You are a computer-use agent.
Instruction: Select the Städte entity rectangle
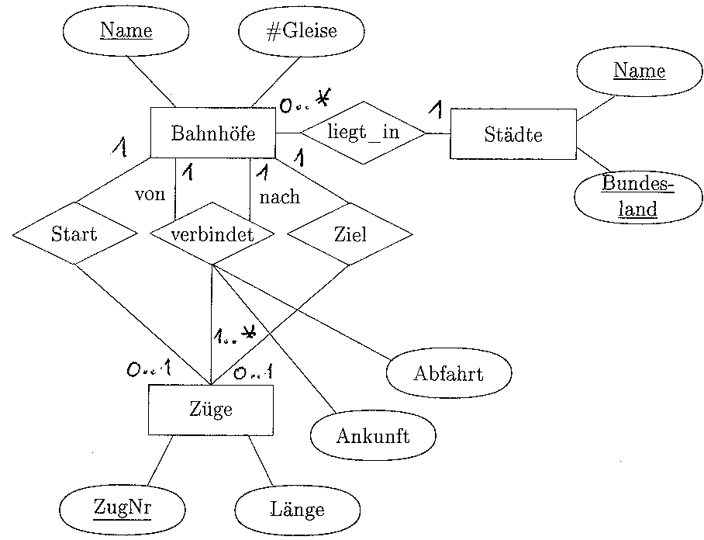pos(512,134)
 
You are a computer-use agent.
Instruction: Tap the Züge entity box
pos(210,409)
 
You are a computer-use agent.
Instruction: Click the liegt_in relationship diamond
pos(363,132)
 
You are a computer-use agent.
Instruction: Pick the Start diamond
pos(74,234)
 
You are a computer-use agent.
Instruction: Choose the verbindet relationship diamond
pos(212,234)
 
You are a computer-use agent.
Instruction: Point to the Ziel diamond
pos(349,234)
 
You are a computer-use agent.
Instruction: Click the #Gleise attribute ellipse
pos(302,33)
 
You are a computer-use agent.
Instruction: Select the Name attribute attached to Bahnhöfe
pos(126,32)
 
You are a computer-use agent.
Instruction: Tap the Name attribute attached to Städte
pos(639,71)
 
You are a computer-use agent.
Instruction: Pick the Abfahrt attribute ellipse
pos(448,374)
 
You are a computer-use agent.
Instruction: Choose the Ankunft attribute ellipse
pos(372,435)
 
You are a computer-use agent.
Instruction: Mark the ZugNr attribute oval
pos(123,508)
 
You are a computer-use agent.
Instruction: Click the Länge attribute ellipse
pos(297,510)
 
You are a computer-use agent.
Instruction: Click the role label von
pos(150,194)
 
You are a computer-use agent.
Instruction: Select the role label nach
pos(279,197)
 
